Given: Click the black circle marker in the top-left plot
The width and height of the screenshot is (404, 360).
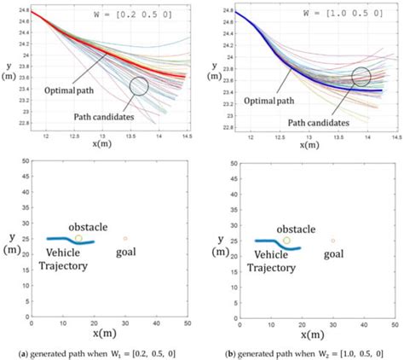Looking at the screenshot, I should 140,86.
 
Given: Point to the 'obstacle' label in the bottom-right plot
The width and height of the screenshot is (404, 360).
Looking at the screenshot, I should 301,229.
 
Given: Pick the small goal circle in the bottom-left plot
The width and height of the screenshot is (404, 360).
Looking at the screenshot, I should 125,238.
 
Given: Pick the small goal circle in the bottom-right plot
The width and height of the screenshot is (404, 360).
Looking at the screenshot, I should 333,241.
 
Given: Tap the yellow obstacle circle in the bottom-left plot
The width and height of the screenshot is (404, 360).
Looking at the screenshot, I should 78,238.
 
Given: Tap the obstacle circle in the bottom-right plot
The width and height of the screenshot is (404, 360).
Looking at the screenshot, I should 286,241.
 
